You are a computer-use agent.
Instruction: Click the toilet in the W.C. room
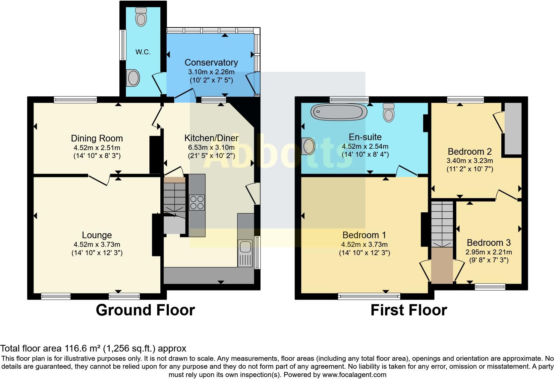click(x=141, y=17)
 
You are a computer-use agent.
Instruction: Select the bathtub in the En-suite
click(x=338, y=112)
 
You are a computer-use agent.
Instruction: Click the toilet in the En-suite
click(x=388, y=112)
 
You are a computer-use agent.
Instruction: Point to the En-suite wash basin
click(x=308, y=146)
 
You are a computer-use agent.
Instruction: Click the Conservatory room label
click(x=211, y=62)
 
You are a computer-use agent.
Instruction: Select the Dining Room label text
click(x=97, y=138)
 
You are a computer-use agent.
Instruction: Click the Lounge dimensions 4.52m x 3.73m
click(x=97, y=245)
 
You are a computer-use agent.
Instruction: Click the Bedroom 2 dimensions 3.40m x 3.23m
click(x=470, y=161)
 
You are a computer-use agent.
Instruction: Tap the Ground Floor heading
click(x=145, y=310)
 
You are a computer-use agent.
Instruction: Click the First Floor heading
click(x=409, y=310)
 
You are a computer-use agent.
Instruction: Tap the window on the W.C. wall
click(x=123, y=45)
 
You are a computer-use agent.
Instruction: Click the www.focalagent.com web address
click(x=354, y=375)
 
